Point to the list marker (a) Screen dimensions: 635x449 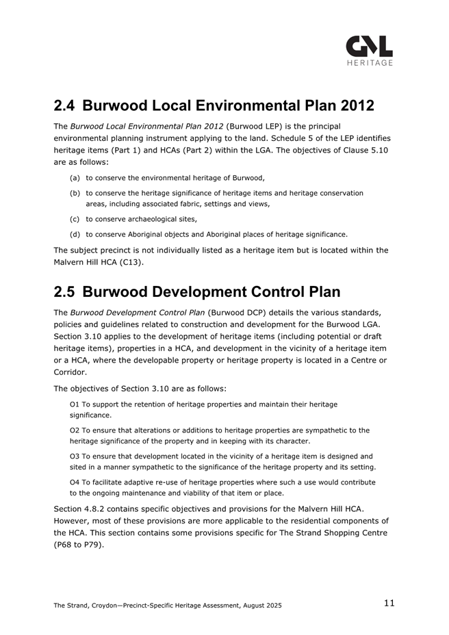[75, 178]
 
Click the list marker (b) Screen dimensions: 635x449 [75, 194]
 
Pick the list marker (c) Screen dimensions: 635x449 [75, 219]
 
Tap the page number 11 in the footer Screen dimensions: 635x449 [389, 603]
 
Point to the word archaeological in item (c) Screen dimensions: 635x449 [149, 219]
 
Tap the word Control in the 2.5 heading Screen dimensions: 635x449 [251, 292]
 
